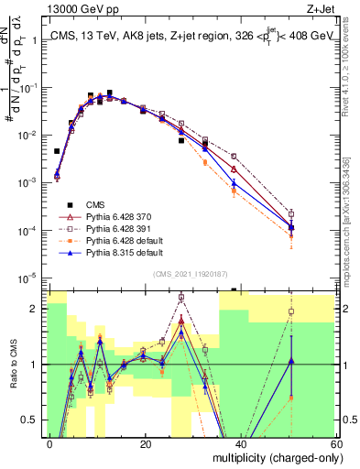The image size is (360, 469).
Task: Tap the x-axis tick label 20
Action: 145,443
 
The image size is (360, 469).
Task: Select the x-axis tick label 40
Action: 240,443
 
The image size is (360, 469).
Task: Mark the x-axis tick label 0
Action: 49,443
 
